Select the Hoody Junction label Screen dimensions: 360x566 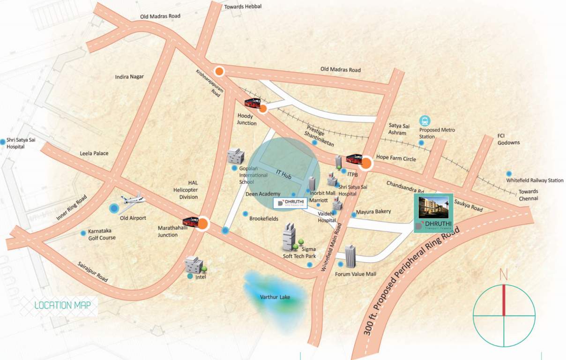247,120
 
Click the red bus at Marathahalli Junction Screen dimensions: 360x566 190,221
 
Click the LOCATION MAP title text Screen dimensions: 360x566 66,306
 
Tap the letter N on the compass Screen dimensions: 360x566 504,276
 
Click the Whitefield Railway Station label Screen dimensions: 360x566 535,180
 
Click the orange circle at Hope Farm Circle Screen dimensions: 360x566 366,164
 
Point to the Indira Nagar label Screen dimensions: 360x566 129,76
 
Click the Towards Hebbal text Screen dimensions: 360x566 243,7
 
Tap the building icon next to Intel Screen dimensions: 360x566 193,265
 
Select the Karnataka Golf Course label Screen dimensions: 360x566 101,234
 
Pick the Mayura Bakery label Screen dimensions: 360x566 373,211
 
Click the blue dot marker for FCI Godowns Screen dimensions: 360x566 509,173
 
